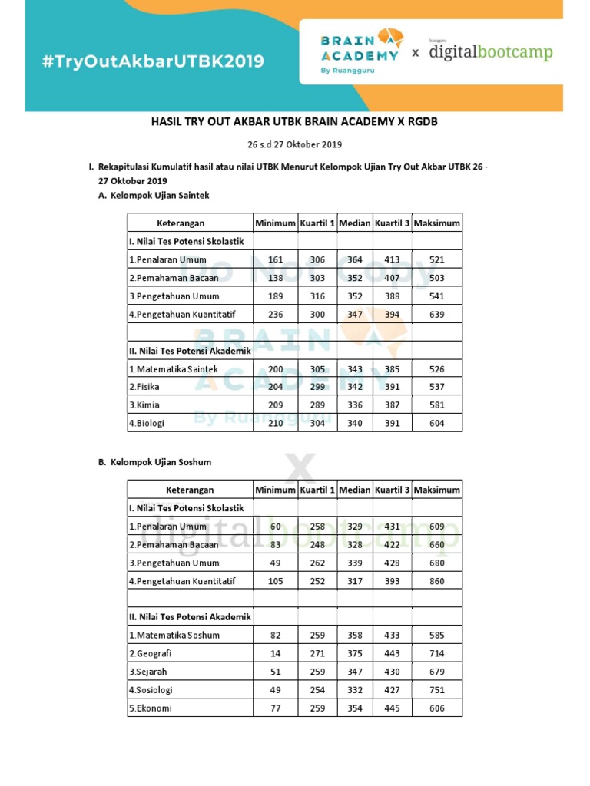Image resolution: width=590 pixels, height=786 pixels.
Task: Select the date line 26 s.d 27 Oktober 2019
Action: [x=294, y=144]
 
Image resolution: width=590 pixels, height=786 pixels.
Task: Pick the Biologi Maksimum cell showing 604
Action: [x=437, y=423]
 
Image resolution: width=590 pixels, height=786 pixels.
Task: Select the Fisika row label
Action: [x=144, y=387]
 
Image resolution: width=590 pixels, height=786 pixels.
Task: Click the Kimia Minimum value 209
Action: [x=275, y=405]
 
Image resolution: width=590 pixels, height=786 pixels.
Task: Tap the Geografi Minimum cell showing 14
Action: [x=275, y=653]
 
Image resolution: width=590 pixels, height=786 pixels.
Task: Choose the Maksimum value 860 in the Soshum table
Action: [x=437, y=581]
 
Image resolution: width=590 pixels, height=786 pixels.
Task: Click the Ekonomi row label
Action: [x=151, y=708]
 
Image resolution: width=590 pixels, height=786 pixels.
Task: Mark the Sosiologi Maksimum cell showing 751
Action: [x=437, y=690]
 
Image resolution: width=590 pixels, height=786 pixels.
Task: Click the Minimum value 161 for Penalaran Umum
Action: [x=275, y=259]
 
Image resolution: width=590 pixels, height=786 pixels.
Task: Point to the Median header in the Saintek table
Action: [x=354, y=223]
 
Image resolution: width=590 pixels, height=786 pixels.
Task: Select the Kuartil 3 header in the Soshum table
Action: [x=392, y=490]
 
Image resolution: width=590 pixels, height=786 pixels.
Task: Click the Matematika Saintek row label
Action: [x=174, y=369]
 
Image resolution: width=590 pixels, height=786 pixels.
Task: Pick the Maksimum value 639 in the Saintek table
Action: [x=437, y=314]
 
